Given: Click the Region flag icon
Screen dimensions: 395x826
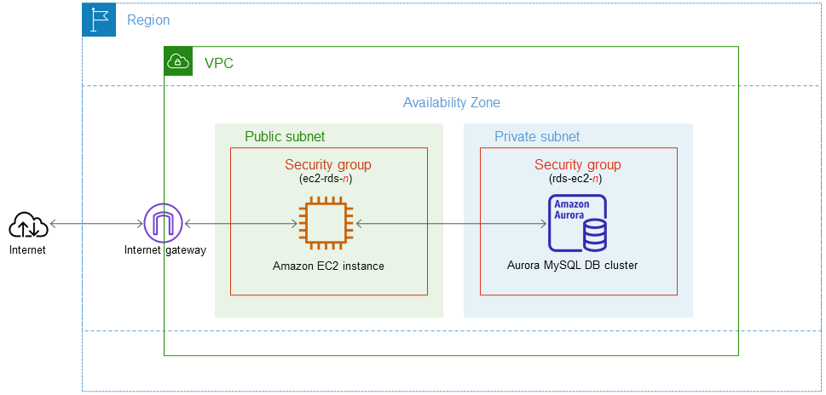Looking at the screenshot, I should [99, 20].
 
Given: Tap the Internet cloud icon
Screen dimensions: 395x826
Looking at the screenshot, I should [27, 225].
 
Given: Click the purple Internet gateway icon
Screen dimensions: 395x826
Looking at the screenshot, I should [163, 224].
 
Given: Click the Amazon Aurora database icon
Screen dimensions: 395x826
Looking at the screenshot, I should [577, 223].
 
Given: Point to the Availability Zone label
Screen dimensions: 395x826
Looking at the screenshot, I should [451, 103].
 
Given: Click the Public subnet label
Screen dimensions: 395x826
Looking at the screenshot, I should [285, 136].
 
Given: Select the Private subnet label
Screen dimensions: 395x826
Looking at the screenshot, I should [537, 136].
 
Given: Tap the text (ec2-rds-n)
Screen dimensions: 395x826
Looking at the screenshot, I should [328, 179].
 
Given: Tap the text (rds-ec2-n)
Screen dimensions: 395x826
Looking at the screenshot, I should [578, 179].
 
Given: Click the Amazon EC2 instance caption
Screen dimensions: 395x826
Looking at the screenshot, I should [328, 266].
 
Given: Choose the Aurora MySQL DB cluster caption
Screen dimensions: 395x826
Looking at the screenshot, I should [571, 266].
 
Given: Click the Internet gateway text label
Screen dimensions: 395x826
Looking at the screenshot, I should [165, 250].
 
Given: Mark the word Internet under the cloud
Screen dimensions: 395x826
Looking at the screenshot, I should [27, 250].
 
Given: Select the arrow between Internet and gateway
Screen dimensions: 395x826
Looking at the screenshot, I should [95, 224].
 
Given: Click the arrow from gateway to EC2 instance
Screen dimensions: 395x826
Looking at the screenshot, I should [240, 224].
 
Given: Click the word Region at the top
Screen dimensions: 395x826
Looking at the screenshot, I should [148, 20].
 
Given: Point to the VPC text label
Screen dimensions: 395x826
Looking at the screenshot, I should [219, 63].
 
